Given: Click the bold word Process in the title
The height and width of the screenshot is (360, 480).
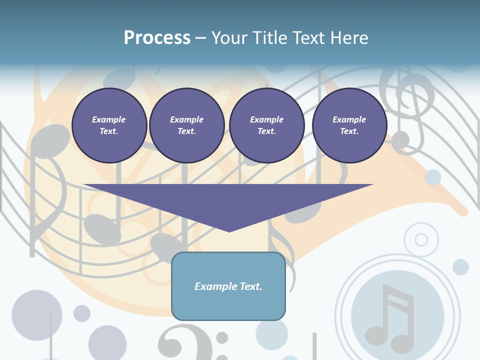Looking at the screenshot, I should tap(157, 38).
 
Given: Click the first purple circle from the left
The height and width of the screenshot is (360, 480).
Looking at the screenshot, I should tap(109, 125).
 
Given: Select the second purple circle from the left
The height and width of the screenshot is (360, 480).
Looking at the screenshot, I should tap(186, 125).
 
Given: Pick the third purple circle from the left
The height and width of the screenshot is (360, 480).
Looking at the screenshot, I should tap(266, 125).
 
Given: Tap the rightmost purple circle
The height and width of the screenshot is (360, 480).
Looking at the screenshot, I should tap(349, 125).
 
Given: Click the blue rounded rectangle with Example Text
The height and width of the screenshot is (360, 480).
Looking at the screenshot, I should tap(228, 286).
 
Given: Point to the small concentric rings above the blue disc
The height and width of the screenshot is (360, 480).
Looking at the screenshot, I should tap(421, 240).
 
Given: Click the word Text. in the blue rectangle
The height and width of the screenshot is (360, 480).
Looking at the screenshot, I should tap(250, 286).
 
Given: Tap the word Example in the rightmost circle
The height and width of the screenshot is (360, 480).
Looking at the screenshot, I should tap(349, 119).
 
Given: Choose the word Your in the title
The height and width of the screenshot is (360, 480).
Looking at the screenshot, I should tap(227, 38).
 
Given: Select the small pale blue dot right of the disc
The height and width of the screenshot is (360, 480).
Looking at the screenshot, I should tap(460, 267).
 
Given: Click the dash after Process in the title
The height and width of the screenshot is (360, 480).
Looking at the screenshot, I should tap(200, 38).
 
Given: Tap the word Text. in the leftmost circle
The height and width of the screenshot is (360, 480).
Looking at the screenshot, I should tap(109, 131).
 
